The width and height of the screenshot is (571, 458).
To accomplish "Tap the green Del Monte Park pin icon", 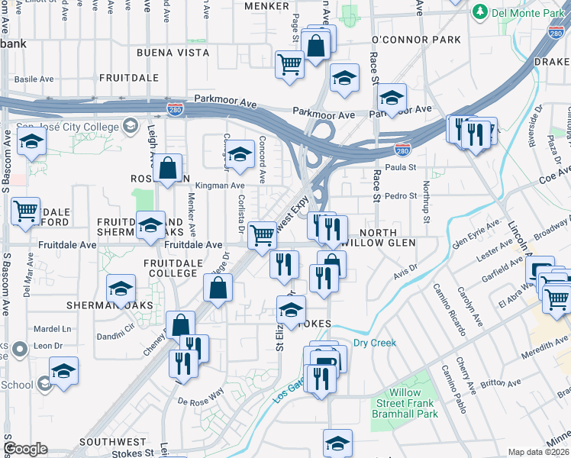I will tap(479, 12).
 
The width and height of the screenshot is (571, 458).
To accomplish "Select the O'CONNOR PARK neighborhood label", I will tap(416, 40).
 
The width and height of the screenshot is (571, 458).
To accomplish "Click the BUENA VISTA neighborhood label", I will tap(173, 53).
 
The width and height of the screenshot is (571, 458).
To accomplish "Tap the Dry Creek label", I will tap(374, 343).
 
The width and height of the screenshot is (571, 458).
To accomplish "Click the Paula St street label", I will tap(400, 167).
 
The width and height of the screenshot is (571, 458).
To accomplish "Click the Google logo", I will tap(25, 449).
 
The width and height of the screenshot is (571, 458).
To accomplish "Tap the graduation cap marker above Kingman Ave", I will tap(240, 155).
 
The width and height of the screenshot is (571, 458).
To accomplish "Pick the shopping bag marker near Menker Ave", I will tap(167, 168).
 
